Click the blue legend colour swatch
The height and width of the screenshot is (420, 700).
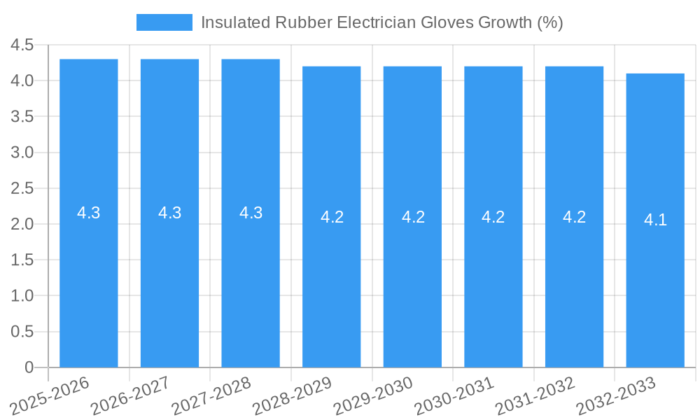(x=164, y=22)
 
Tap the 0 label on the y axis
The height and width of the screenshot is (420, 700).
(x=29, y=367)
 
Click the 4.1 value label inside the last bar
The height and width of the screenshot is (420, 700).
(x=655, y=220)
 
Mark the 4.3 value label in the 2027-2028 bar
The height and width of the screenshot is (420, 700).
(x=251, y=213)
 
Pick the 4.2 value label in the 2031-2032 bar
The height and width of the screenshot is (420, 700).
(x=574, y=217)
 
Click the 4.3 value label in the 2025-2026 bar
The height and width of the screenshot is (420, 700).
(x=89, y=213)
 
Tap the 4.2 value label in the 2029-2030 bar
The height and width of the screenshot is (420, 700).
(x=413, y=217)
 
